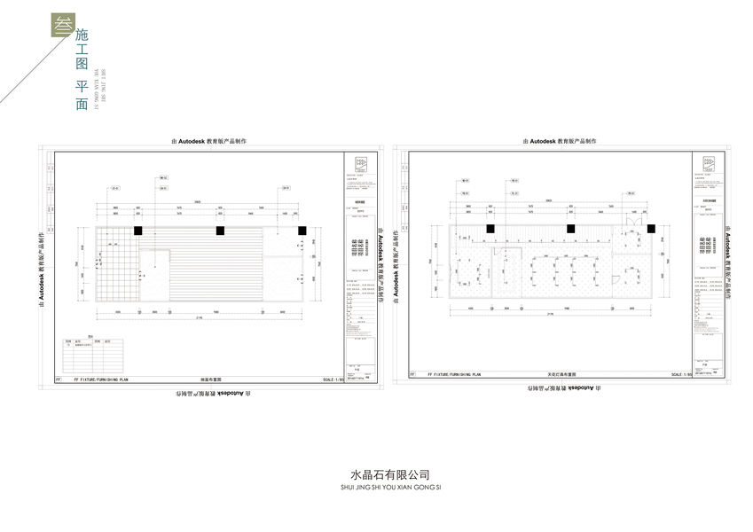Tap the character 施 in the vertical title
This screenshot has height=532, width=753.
pyautogui.click(x=82, y=38)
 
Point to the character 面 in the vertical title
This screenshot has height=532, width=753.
pyautogui.click(x=82, y=104)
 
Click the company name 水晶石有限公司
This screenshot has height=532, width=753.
pyautogui.click(x=376, y=474)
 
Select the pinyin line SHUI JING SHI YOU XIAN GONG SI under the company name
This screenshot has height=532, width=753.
pyautogui.click(x=376, y=487)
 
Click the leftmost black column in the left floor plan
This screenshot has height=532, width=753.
pyautogui.click(x=138, y=231)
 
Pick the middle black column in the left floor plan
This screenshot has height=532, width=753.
pyautogui.click(x=220, y=231)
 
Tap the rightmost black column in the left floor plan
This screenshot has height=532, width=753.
pyautogui.click(x=302, y=231)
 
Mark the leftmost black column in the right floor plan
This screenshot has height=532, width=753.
pyautogui.click(x=490, y=229)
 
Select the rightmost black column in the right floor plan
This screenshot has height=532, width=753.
pyautogui.click(x=652, y=229)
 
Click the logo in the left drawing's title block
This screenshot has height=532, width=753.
pyautogui.click(x=359, y=163)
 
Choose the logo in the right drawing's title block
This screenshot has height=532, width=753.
pyautogui.click(x=709, y=162)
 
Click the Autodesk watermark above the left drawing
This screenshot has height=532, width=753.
pyautogui.click(x=208, y=141)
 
